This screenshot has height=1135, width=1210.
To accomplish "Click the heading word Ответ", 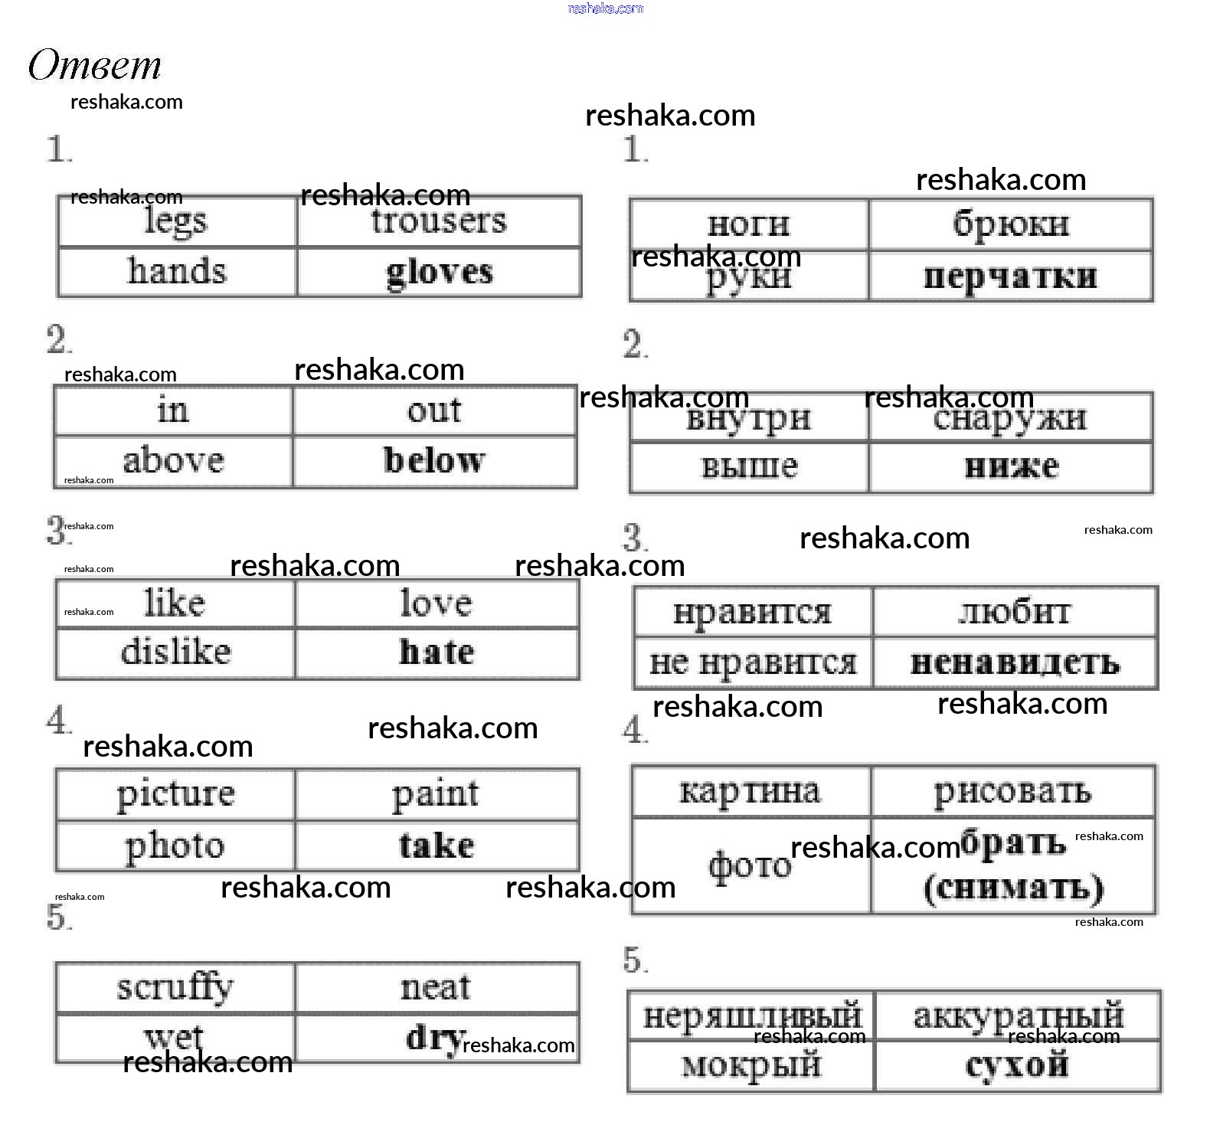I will (x=94, y=65).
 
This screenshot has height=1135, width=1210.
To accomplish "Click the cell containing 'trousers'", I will (x=438, y=222).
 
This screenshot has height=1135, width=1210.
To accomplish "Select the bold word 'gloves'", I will (x=439, y=273).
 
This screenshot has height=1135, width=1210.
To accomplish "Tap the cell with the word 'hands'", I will (x=177, y=272).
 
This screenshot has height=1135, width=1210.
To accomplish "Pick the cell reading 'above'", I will (x=173, y=461).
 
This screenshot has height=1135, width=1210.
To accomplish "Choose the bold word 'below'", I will (x=434, y=461).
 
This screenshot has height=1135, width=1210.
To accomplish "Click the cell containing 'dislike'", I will (x=175, y=653).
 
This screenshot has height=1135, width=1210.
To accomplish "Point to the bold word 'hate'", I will (x=437, y=653).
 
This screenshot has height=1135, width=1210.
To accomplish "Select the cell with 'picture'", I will (x=175, y=794).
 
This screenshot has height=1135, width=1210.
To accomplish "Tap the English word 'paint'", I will (x=435, y=794).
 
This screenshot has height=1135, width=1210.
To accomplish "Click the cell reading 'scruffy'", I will (x=175, y=988).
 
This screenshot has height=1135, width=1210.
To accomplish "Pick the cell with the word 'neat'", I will (x=435, y=988).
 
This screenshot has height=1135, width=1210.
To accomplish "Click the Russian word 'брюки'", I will (x=1010, y=224).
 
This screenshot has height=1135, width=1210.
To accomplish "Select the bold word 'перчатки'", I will (x=1010, y=276).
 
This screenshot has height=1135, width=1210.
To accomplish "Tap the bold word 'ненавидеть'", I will (x=1015, y=663).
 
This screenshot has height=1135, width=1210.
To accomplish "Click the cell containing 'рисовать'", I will (x=1012, y=792).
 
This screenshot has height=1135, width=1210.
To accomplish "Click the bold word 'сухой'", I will (x=1017, y=1065).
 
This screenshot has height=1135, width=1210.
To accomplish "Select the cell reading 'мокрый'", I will (x=751, y=1065).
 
